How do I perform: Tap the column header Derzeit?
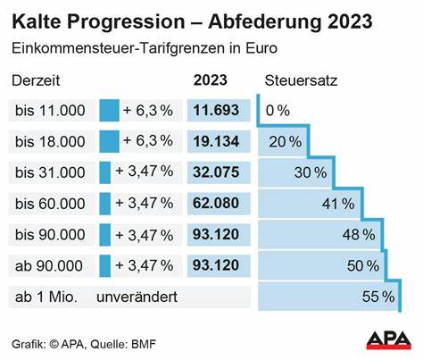pyautogui.click(x=35, y=80)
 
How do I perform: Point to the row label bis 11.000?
pyautogui.click(x=51, y=111)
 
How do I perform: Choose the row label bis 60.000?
pyautogui.click(x=51, y=203)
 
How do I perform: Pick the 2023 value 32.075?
pyautogui.click(x=217, y=172)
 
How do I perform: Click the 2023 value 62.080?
pyautogui.click(x=217, y=203)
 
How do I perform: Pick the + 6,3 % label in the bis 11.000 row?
pyautogui.click(x=147, y=111)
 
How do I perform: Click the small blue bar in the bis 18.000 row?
pyautogui.click(x=109, y=141)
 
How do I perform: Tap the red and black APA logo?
pyautogui.click(x=391, y=339)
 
